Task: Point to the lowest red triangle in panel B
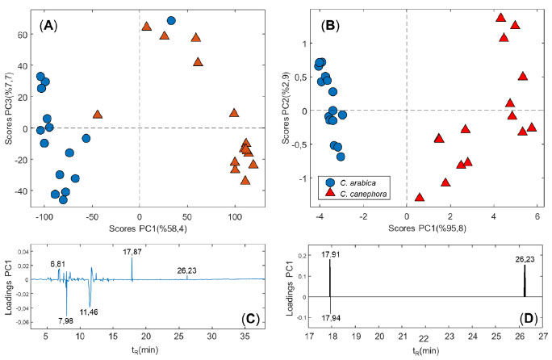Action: tap(420, 197)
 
